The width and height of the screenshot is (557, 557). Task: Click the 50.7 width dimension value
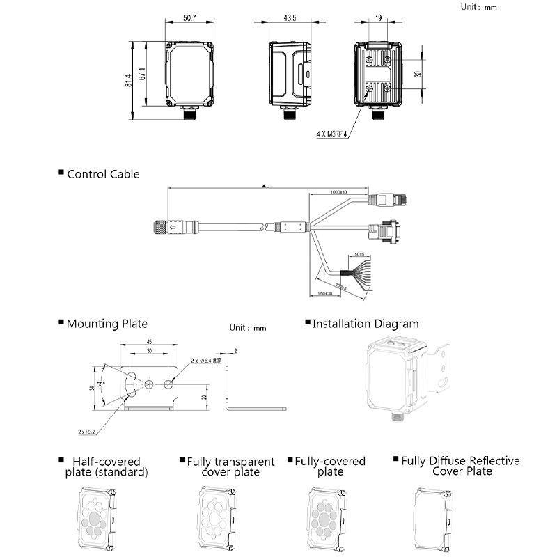pos(189,18)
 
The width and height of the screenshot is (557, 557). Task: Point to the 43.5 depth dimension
pos(290,18)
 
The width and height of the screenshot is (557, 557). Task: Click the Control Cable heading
pos(103,174)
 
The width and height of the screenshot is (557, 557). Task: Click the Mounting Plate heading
pos(107,324)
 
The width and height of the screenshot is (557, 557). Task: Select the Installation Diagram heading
pos(366,324)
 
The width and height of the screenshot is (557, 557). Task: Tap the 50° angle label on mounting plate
pos(101,384)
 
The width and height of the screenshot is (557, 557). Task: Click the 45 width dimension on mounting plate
pos(149,342)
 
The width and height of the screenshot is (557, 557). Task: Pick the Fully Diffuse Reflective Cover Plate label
pos(460,466)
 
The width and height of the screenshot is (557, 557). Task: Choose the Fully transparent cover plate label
pos(230,467)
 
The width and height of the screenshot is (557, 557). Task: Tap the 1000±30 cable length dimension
pos(338,191)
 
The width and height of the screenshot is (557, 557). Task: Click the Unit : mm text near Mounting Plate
pos(248,327)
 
